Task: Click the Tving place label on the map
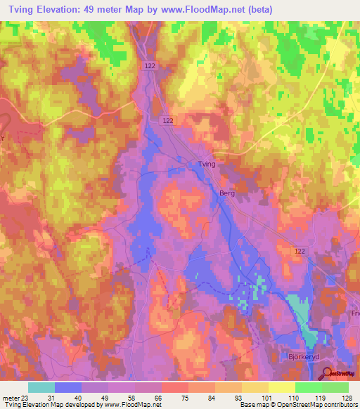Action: (201, 164)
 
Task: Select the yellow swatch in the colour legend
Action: (281, 387)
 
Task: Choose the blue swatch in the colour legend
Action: (68, 387)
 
